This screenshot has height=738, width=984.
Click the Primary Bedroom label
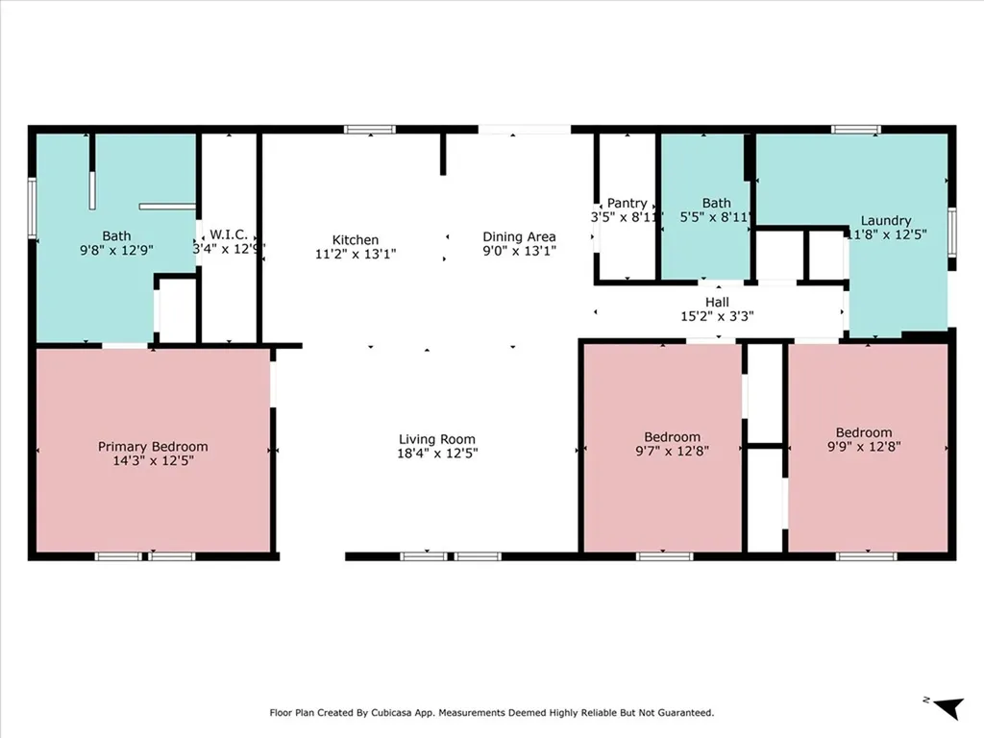pos(153,446)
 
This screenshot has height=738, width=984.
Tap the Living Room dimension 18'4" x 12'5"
pos(437,454)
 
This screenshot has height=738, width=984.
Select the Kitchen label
pos(356,239)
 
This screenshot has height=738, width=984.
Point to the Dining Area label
pos(519,236)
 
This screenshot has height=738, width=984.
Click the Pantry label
pos(627,204)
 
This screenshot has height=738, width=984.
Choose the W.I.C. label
pos(229,234)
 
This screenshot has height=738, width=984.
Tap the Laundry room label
pos(885,221)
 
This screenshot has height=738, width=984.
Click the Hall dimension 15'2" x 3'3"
pos(717,316)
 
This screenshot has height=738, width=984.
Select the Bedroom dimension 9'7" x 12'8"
pos(672,451)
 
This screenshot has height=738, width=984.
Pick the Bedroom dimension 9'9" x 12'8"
pos(864,446)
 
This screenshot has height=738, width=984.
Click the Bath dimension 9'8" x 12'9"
pos(116,250)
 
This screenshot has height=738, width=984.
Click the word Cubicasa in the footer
pos(394,713)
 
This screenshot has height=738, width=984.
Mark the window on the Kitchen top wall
pos(370,130)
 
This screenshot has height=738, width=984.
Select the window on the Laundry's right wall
pos(952,232)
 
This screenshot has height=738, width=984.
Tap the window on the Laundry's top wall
pos(856,130)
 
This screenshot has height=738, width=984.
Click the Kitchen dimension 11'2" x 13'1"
pos(356,254)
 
